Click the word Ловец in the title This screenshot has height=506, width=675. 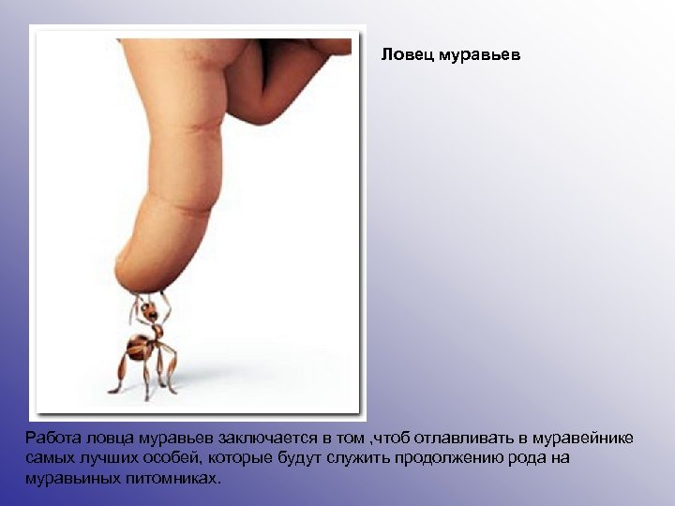[x=403, y=55]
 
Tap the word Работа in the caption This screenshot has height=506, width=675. [x=53, y=438]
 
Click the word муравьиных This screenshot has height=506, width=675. [x=72, y=478]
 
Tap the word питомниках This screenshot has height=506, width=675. [x=173, y=478]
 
